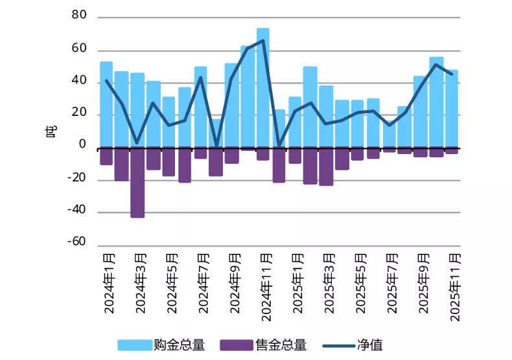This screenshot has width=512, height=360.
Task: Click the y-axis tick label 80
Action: [78, 16]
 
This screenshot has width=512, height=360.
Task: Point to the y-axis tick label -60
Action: [76, 242]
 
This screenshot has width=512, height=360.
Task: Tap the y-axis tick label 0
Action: [82, 145]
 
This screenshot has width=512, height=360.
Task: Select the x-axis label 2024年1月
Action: [108, 282]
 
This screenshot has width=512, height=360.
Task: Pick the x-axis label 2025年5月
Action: [358, 282]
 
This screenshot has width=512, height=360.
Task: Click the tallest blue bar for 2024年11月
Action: [263, 88]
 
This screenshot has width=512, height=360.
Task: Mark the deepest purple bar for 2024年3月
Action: [137, 183]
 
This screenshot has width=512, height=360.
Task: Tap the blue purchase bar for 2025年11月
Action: [452, 109]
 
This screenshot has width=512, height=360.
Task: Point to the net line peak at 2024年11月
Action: [263, 41]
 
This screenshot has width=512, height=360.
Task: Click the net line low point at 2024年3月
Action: [137, 142]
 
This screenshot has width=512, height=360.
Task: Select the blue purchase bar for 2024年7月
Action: [201, 107]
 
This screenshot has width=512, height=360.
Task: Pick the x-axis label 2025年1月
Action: [296, 282]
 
